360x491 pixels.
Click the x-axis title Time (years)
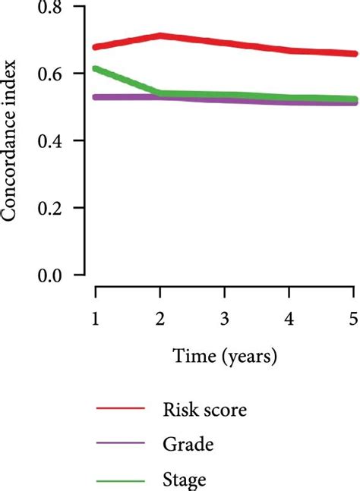tap(224, 355)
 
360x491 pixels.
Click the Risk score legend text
tap(204, 411)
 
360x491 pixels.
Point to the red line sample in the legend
tap(120, 411)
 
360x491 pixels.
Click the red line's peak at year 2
tap(159, 36)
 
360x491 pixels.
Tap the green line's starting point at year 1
tap(96, 69)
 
